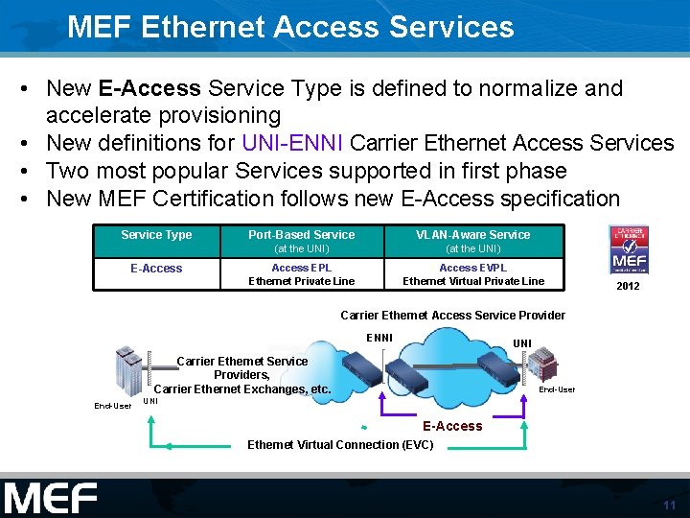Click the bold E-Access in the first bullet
coord(149,88)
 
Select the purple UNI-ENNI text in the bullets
coord(293,143)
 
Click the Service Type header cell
coord(156,235)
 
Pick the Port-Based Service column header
coord(301,235)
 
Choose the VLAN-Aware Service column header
coord(473,235)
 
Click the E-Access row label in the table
coord(156,269)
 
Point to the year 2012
coord(629,286)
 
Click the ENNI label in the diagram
coord(379,337)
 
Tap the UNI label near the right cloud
coord(522,343)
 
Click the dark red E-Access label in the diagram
coord(452,426)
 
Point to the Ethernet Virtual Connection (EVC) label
coord(340,444)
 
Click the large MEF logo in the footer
coord(50,498)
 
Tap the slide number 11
coord(669,505)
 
